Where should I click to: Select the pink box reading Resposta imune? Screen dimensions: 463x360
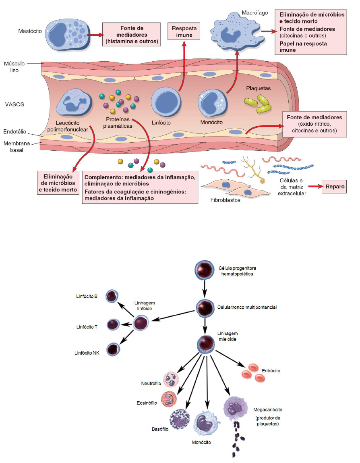[x=185, y=32]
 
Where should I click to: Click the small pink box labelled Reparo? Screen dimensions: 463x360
[x=333, y=187]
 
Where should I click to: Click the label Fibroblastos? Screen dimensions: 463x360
[x=225, y=199]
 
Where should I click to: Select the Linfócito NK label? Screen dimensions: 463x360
[x=87, y=353]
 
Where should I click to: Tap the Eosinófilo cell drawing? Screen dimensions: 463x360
[x=169, y=399]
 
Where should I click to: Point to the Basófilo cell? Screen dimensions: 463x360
[x=180, y=419]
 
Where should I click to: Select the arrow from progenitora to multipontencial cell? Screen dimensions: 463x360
[x=205, y=288]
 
